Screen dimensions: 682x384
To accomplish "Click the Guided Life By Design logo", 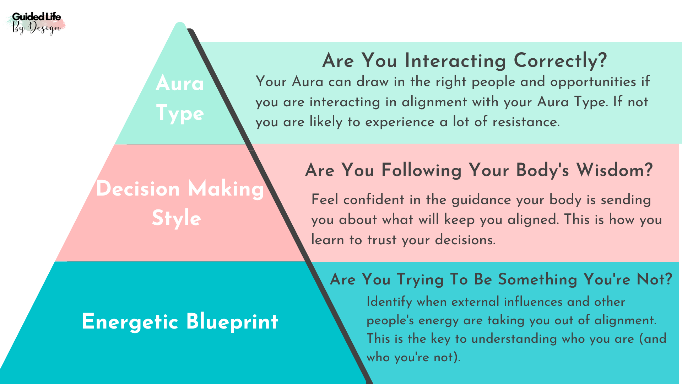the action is tap(36, 23).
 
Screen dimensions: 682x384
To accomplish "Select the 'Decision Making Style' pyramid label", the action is tap(180, 203).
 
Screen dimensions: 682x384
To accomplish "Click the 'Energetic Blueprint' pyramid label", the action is tap(180, 322).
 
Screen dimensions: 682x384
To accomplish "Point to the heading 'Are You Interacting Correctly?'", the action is tap(465, 60).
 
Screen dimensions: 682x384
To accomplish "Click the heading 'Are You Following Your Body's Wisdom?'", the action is tap(479, 170).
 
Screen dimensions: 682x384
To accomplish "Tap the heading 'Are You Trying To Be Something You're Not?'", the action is tap(501, 279).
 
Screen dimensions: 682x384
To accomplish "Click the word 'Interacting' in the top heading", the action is tap(456, 60).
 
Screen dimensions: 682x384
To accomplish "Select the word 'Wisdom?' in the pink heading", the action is tap(615, 170).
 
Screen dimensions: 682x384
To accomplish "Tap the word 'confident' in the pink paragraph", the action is tap(374, 199).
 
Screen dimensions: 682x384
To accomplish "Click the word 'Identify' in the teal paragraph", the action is tap(389, 302).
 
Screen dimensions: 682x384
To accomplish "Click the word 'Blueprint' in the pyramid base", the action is tap(232, 322).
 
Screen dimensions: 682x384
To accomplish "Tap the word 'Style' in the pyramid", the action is tap(177, 218).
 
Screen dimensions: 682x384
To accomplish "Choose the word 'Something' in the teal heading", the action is tap(537, 279).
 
